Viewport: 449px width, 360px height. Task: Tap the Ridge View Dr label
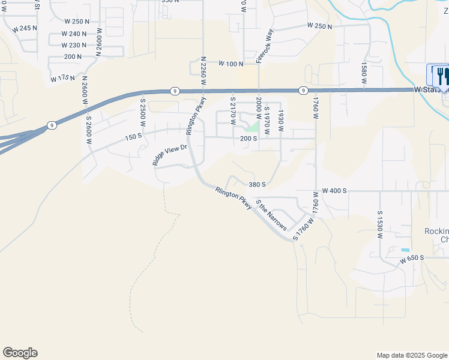click(170, 155)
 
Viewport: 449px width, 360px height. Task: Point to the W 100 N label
click(231, 63)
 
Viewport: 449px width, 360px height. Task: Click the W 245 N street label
click(24, 28)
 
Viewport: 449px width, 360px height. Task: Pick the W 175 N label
click(63, 79)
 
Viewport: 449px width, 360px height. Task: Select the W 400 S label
click(334, 191)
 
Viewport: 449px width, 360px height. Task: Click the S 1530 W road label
click(380, 225)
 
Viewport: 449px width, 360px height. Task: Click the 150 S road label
click(133, 137)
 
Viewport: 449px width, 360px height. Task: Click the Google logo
click(20, 353)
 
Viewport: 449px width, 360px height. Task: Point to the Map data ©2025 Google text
click(411, 355)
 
